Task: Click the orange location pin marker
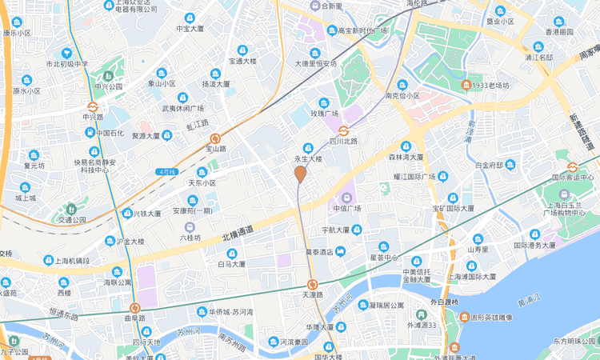(300, 174)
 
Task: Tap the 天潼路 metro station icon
(312, 284)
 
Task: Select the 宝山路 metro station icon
(215, 138)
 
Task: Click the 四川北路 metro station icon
(343, 130)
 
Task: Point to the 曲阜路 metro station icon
(135, 307)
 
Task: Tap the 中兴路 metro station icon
(93, 106)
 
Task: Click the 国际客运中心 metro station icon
(572, 167)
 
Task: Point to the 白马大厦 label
(231, 263)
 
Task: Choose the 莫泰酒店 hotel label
(318, 252)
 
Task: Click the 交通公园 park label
(72, 218)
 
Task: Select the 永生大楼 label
(307, 158)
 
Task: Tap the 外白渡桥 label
(444, 302)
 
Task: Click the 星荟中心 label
(383, 258)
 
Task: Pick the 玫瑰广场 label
(324, 113)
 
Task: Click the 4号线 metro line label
(167, 172)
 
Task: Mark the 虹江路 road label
(197, 124)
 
